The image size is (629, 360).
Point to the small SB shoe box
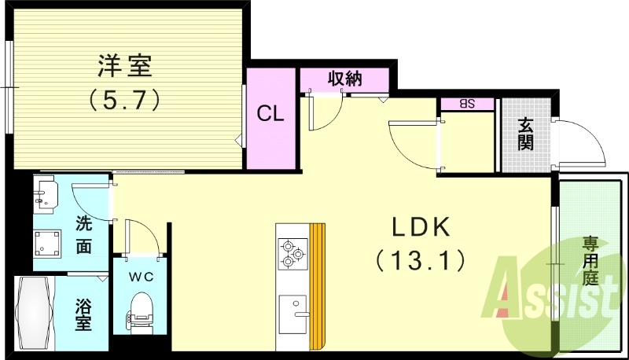click(466, 103)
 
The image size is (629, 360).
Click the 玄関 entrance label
click(526, 134)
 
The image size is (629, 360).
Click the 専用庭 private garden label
click(590, 260)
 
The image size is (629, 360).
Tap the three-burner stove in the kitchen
click(292, 252)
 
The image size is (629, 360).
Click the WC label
click(141, 277)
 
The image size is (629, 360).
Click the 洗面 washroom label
click(84, 234)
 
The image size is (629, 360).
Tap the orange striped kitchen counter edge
click(317, 287)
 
